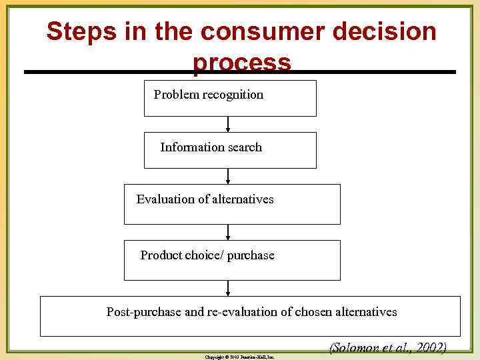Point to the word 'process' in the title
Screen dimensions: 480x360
(x=242, y=63)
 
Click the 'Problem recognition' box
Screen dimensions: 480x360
(x=230, y=98)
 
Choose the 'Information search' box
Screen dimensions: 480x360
(x=230, y=150)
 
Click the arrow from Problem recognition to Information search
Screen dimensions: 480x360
(x=229, y=124)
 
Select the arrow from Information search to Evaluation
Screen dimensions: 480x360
(x=229, y=176)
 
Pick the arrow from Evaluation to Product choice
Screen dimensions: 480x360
(x=229, y=232)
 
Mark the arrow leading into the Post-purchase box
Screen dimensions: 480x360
(x=229, y=288)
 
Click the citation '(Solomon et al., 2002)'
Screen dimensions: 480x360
(x=387, y=349)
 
